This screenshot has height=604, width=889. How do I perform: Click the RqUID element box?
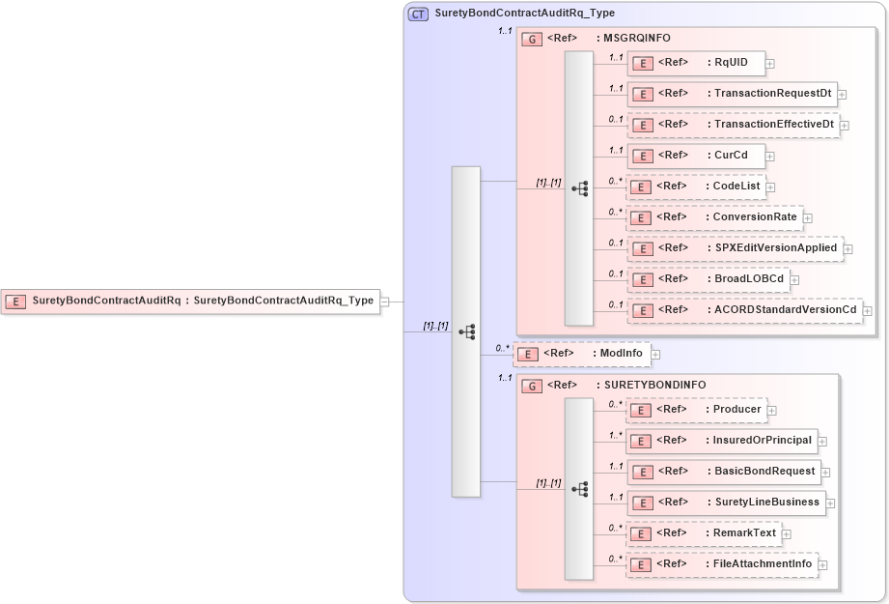point(696,64)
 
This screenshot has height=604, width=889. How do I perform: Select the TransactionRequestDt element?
point(732,95)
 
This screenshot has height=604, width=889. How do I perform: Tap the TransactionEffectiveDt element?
point(733,125)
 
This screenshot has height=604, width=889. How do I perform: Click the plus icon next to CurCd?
point(770,156)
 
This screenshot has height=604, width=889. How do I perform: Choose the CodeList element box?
point(696,187)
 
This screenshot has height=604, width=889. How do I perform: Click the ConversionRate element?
point(714,217)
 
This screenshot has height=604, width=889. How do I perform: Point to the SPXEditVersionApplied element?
point(735,248)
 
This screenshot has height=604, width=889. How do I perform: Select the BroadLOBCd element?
point(709,279)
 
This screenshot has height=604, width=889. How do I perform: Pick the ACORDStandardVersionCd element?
point(744,310)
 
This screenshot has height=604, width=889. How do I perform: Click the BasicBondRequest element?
point(723,473)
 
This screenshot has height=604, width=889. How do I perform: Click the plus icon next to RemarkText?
point(786,533)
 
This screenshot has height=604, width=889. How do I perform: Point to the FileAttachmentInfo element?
point(722,564)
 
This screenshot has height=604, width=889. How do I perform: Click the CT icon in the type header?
point(419,14)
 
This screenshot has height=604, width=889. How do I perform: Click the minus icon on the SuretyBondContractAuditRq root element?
point(385,302)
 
